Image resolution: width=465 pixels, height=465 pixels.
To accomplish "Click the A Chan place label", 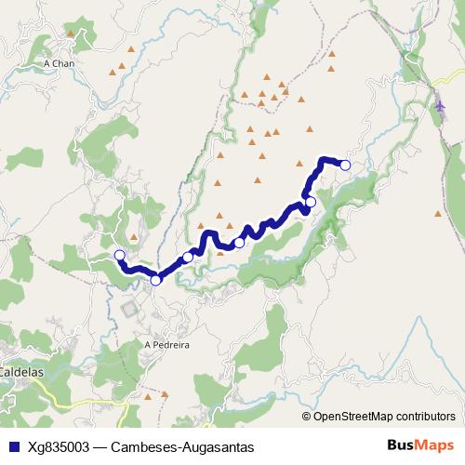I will pos(59,63).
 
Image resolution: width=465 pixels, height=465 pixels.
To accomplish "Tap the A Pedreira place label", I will pos(167,343).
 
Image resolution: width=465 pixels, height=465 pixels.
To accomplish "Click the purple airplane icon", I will pos(439,105).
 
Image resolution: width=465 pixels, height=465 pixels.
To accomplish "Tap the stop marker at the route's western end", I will pos(119,255).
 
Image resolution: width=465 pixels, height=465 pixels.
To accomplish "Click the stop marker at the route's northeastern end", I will pos(345,166).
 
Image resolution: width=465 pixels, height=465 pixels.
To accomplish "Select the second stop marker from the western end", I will pos(155,280).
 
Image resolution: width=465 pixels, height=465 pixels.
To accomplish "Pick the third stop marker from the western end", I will pos(188,257).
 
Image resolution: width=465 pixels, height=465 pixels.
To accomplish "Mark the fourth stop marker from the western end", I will pos(239,243).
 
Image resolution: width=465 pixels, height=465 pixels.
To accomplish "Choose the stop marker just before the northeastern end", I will pos(311,202).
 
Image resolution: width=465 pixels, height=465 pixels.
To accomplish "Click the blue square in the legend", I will pos(11,446).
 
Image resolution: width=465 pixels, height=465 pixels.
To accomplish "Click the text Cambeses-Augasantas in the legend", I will pos(181,446).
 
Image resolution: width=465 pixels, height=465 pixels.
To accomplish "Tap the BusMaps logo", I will pos(420,445).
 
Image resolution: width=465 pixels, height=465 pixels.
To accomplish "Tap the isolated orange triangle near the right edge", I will pos(437,213).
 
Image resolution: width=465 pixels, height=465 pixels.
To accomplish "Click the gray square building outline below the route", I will pos(129,308).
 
